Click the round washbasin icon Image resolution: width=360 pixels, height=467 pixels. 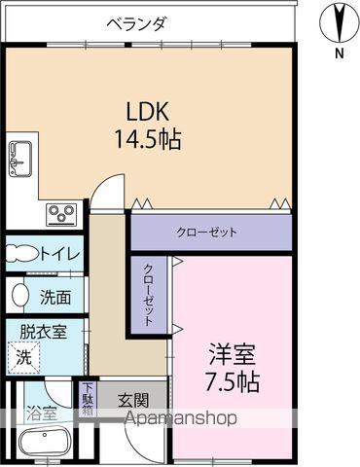coord(19,293)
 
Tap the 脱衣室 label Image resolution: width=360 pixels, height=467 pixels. coord(45,331)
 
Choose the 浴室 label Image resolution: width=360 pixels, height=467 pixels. coord(40,413)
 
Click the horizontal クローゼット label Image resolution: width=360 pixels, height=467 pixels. coord(206,233)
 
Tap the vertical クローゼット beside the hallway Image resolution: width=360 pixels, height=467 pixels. coord(149,294)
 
